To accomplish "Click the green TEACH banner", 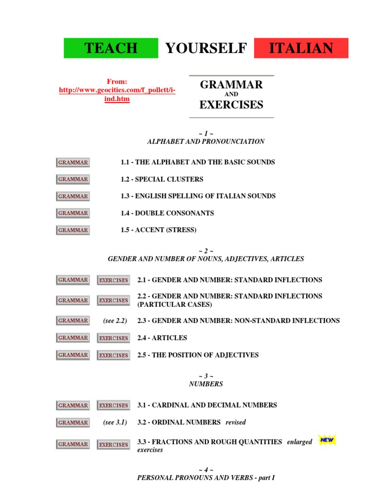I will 111,48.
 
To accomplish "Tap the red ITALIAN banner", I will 301,48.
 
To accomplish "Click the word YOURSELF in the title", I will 206,48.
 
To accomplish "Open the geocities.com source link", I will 117,90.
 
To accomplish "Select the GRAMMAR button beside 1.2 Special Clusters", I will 73,179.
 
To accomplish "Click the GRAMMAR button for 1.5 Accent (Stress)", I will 73,230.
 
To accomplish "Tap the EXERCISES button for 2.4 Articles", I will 113,338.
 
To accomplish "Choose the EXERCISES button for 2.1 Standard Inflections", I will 113,280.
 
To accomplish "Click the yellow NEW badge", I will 327,440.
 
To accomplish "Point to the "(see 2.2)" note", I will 115,320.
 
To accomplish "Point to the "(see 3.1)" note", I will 115,422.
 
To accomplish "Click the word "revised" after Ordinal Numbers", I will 236,422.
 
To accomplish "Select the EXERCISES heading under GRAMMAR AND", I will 231,105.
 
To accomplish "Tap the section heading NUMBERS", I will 206,384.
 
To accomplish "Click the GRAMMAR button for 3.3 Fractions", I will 73,444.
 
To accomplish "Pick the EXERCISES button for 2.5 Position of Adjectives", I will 113,355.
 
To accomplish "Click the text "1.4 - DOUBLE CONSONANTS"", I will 167,213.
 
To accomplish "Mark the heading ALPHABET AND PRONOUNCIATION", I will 206,142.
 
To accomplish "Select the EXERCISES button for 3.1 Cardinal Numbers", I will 113,405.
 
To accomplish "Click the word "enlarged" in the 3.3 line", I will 299,442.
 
